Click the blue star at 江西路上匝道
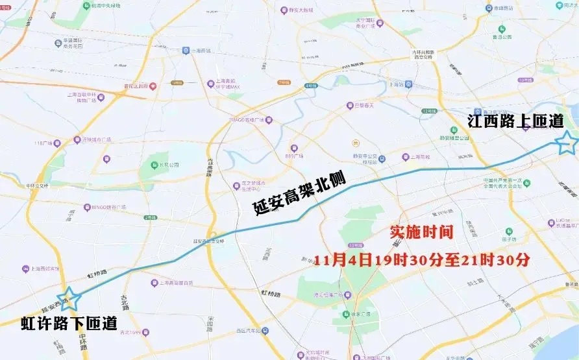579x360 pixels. [567, 142]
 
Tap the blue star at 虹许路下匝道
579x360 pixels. [69, 298]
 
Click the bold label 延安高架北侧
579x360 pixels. [299, 194]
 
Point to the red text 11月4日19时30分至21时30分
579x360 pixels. [422, 260]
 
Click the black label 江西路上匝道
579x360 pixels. [516, 121]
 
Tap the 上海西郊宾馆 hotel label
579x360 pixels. [44, 269]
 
